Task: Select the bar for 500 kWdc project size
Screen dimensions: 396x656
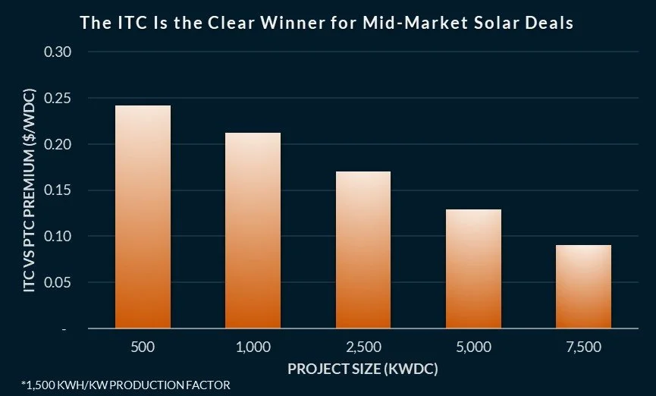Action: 143,217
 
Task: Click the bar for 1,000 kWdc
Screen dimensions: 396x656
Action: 253,231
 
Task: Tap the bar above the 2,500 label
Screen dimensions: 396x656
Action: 363,250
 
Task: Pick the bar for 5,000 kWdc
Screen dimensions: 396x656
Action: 473,269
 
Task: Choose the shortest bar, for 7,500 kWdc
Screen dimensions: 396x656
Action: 583,287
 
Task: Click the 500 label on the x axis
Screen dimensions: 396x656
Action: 143,347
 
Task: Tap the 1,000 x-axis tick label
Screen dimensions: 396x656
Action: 253,347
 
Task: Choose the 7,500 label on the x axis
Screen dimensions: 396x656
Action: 583,347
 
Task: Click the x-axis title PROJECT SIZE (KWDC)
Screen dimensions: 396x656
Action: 363,369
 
